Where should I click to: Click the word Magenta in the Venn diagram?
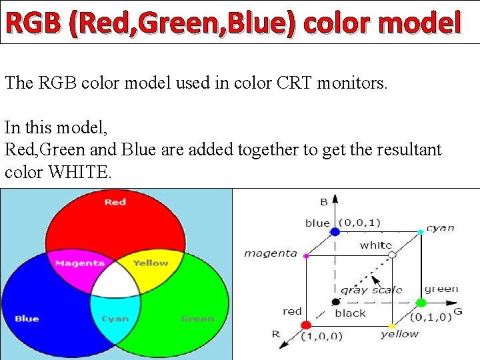click(79, 263)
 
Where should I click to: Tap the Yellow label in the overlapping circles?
click(151, 263)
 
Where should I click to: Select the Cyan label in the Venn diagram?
click(115, 319)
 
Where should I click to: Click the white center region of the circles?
click(115, 281)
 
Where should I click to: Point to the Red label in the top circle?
click(115, 201)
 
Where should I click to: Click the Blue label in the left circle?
click(27, 319)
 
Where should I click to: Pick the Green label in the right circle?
click(197, 319)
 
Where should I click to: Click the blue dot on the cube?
click(335, 231)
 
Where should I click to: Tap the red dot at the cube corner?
click(306, 325)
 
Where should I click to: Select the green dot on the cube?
click(421, 303)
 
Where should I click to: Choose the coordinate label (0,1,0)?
click(431, 317)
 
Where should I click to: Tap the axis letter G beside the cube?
click(458, 311)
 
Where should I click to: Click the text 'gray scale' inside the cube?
click(371, 289)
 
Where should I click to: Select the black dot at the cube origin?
click(335, 302)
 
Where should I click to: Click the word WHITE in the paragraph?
click(81, 172)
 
